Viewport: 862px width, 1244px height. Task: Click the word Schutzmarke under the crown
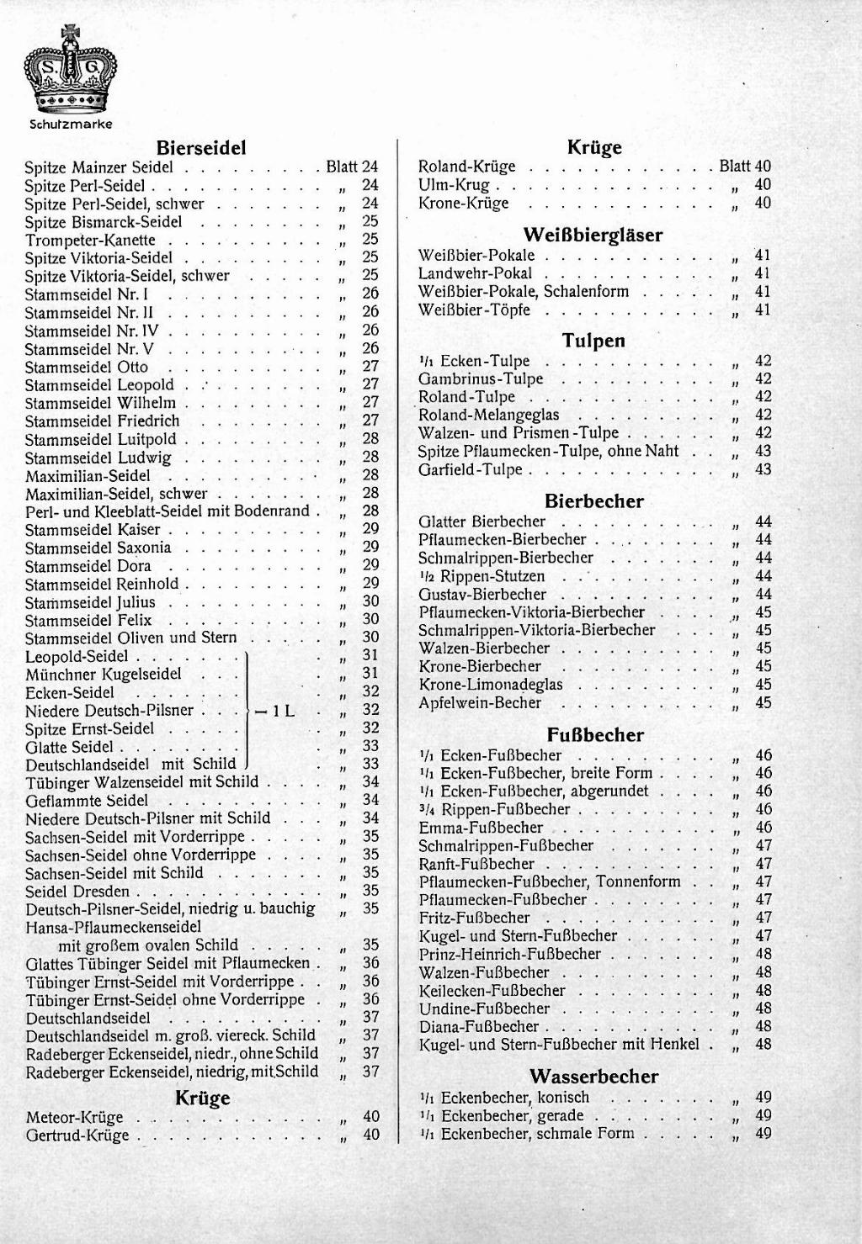(x=71, y=124)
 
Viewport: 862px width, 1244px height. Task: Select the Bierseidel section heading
(x=202, y=148)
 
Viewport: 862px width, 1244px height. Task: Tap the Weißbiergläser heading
(x=593, y=235)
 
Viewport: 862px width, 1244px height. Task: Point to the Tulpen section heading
(x=593, y=341)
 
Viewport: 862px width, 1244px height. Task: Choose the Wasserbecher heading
(x=594, y=1077)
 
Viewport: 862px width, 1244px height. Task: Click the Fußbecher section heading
(x=595, y=735)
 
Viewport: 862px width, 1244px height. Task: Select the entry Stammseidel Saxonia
(x=98, y=548)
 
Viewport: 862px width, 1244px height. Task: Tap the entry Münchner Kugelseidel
(x=104, y=675)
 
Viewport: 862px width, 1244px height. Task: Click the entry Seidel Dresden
(x=77, y=892)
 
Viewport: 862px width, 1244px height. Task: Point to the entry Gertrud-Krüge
(x=77, y=1135)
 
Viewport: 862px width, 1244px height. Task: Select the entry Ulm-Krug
(x=454, y=185)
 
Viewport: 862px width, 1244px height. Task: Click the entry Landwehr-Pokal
(x=476, y=273)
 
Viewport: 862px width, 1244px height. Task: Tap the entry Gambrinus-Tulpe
(x=481, y=379)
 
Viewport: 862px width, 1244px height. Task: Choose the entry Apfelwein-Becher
(x=480, y=703)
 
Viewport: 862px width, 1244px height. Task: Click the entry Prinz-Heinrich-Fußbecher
(x=510, y=955)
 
